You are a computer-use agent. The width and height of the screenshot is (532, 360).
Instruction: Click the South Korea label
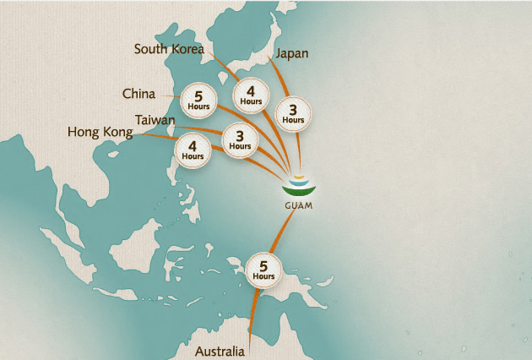(169, 49)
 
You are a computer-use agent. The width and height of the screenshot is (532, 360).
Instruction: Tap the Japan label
(292, 53)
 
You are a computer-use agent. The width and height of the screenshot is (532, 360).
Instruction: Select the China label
(138, 93)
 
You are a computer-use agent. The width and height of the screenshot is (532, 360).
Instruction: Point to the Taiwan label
(155, 120)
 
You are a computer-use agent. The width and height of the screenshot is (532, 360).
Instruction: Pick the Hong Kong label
(100, 132)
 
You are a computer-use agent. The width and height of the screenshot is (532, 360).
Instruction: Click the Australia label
(220, 351)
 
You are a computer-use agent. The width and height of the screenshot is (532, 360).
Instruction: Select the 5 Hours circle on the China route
(199, 99)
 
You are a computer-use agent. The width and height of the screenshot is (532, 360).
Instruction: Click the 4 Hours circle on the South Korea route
(251, 94)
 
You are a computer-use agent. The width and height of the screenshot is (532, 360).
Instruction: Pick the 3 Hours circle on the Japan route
(293, 113)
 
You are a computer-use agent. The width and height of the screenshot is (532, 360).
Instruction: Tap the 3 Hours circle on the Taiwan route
(239, 139)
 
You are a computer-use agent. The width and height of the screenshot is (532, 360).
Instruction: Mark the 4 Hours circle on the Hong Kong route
(193, 150)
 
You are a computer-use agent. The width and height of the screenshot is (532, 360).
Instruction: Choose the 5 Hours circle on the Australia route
(263, 269)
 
